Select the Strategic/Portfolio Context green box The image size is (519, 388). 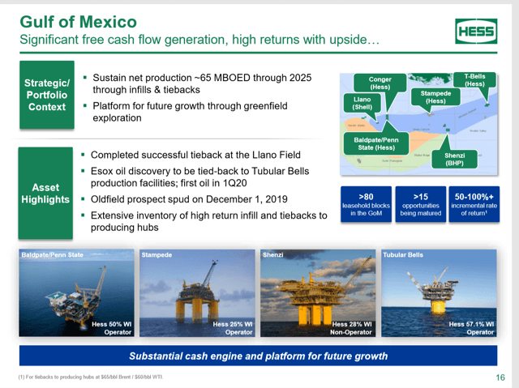(46, 96)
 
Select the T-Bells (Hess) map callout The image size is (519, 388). (474, 79)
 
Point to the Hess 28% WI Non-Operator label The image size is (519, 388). (351, 328)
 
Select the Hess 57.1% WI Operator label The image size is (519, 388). (471, 328)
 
